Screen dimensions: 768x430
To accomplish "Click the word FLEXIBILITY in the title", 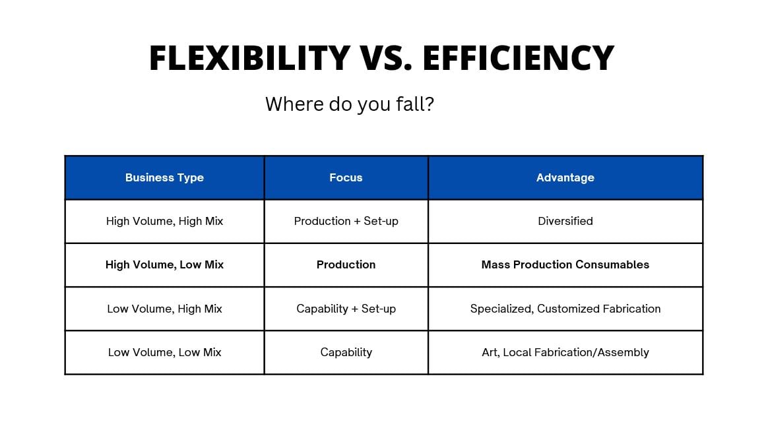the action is [x=250, y=58].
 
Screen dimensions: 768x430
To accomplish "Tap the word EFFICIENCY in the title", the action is [x=518, y=58].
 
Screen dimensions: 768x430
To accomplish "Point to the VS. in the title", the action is [x=386, y=58].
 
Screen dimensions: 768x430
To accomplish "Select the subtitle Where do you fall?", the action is [x=350, y=104].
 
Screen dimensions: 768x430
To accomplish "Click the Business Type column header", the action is [x=164, y=178].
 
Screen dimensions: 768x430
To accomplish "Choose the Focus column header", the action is [x=346, y=178].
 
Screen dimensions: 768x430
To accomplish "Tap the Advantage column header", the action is [x=565, y=178].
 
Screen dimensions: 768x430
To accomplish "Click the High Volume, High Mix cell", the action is [x=164, y=222].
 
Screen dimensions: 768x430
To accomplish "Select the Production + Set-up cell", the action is [x=346, y=222].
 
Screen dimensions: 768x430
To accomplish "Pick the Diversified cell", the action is [x=565, y=222].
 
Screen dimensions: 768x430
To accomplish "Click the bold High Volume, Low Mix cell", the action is [x=164, y=265].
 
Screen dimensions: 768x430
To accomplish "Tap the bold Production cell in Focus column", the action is [x=346, y=265].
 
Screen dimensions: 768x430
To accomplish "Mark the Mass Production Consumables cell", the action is [x=565, y=265].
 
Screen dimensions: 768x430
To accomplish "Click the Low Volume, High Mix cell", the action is [x=164, y=309].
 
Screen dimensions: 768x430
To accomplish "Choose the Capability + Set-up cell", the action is [x=346, y=309].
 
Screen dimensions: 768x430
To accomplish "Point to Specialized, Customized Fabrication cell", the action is [x=565, y=309].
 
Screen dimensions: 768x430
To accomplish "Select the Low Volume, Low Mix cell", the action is [x=164, y=353].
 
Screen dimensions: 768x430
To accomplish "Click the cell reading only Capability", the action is [x=346, y=353].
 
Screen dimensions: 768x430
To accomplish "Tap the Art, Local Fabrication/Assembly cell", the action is [x=565, y=353].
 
